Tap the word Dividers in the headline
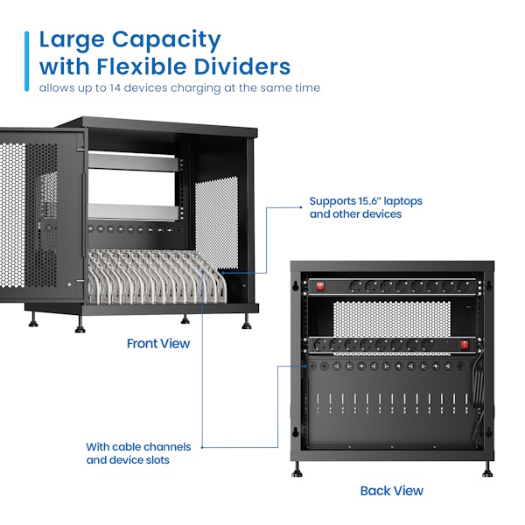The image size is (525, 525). pyautogui.click(x=242, y=66)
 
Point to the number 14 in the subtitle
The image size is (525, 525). pyautogui.click(x=115, y=87)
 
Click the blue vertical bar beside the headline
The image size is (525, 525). pyautogui.click(x=27, y=61)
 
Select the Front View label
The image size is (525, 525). pyautogui.click(x=158, y=344)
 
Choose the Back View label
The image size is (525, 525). pyautogui.click(x=392, y=491)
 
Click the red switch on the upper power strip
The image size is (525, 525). pyautogui.click(x=320, y=286)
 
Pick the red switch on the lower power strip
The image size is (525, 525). pyautogui.click(x=465, y=344)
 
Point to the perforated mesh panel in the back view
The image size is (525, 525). pyautogui.click(x=392, y=318)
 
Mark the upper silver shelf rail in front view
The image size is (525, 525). pyautogui.click(x=133, y=161)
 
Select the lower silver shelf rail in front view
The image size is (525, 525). pyautogui.click(x=133, y=212)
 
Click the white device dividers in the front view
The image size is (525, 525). pyautogui.click(x=157, y=276)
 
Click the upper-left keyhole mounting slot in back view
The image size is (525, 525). pyautogui.click(x=296, y=285)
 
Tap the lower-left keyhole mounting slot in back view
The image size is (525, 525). pyautogui.click(x=296, y=432)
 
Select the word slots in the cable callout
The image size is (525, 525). pyautogui.click(x=157, y=460)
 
